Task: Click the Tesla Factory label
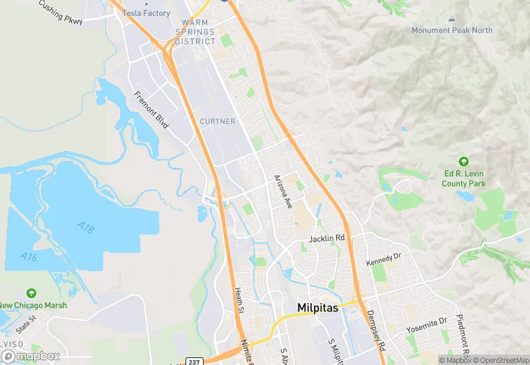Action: click(x=146, y=13)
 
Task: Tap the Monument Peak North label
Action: click(x=452, y=30)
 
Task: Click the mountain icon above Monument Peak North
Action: click(x=452, y=17)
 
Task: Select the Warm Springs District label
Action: click(x=195, y=32)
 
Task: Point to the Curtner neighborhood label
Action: click(x=217, y=121)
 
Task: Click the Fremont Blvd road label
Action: click(x=152, y=109)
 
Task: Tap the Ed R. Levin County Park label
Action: click(x=464, y=179)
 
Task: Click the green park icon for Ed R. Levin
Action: click(x=464, y=162)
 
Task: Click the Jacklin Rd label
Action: click(x=328, y=238)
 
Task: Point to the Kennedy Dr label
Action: click(x=384, y=259)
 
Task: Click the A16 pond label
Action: click(x=28, y=257)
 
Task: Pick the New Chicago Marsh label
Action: click(x=35, y=305)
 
